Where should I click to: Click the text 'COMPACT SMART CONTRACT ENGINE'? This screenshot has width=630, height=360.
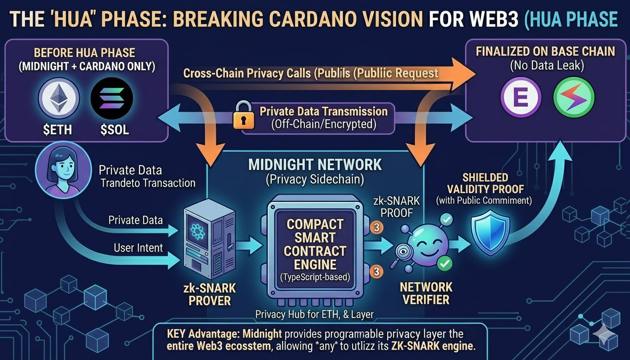[315, 244]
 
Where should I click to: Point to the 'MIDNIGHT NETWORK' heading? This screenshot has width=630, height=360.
[315, 165]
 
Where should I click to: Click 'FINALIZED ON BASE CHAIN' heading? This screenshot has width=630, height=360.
[545, 51]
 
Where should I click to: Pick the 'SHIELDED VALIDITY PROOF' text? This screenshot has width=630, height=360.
[484, 184]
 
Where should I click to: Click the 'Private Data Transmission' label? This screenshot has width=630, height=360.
[323, 112]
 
